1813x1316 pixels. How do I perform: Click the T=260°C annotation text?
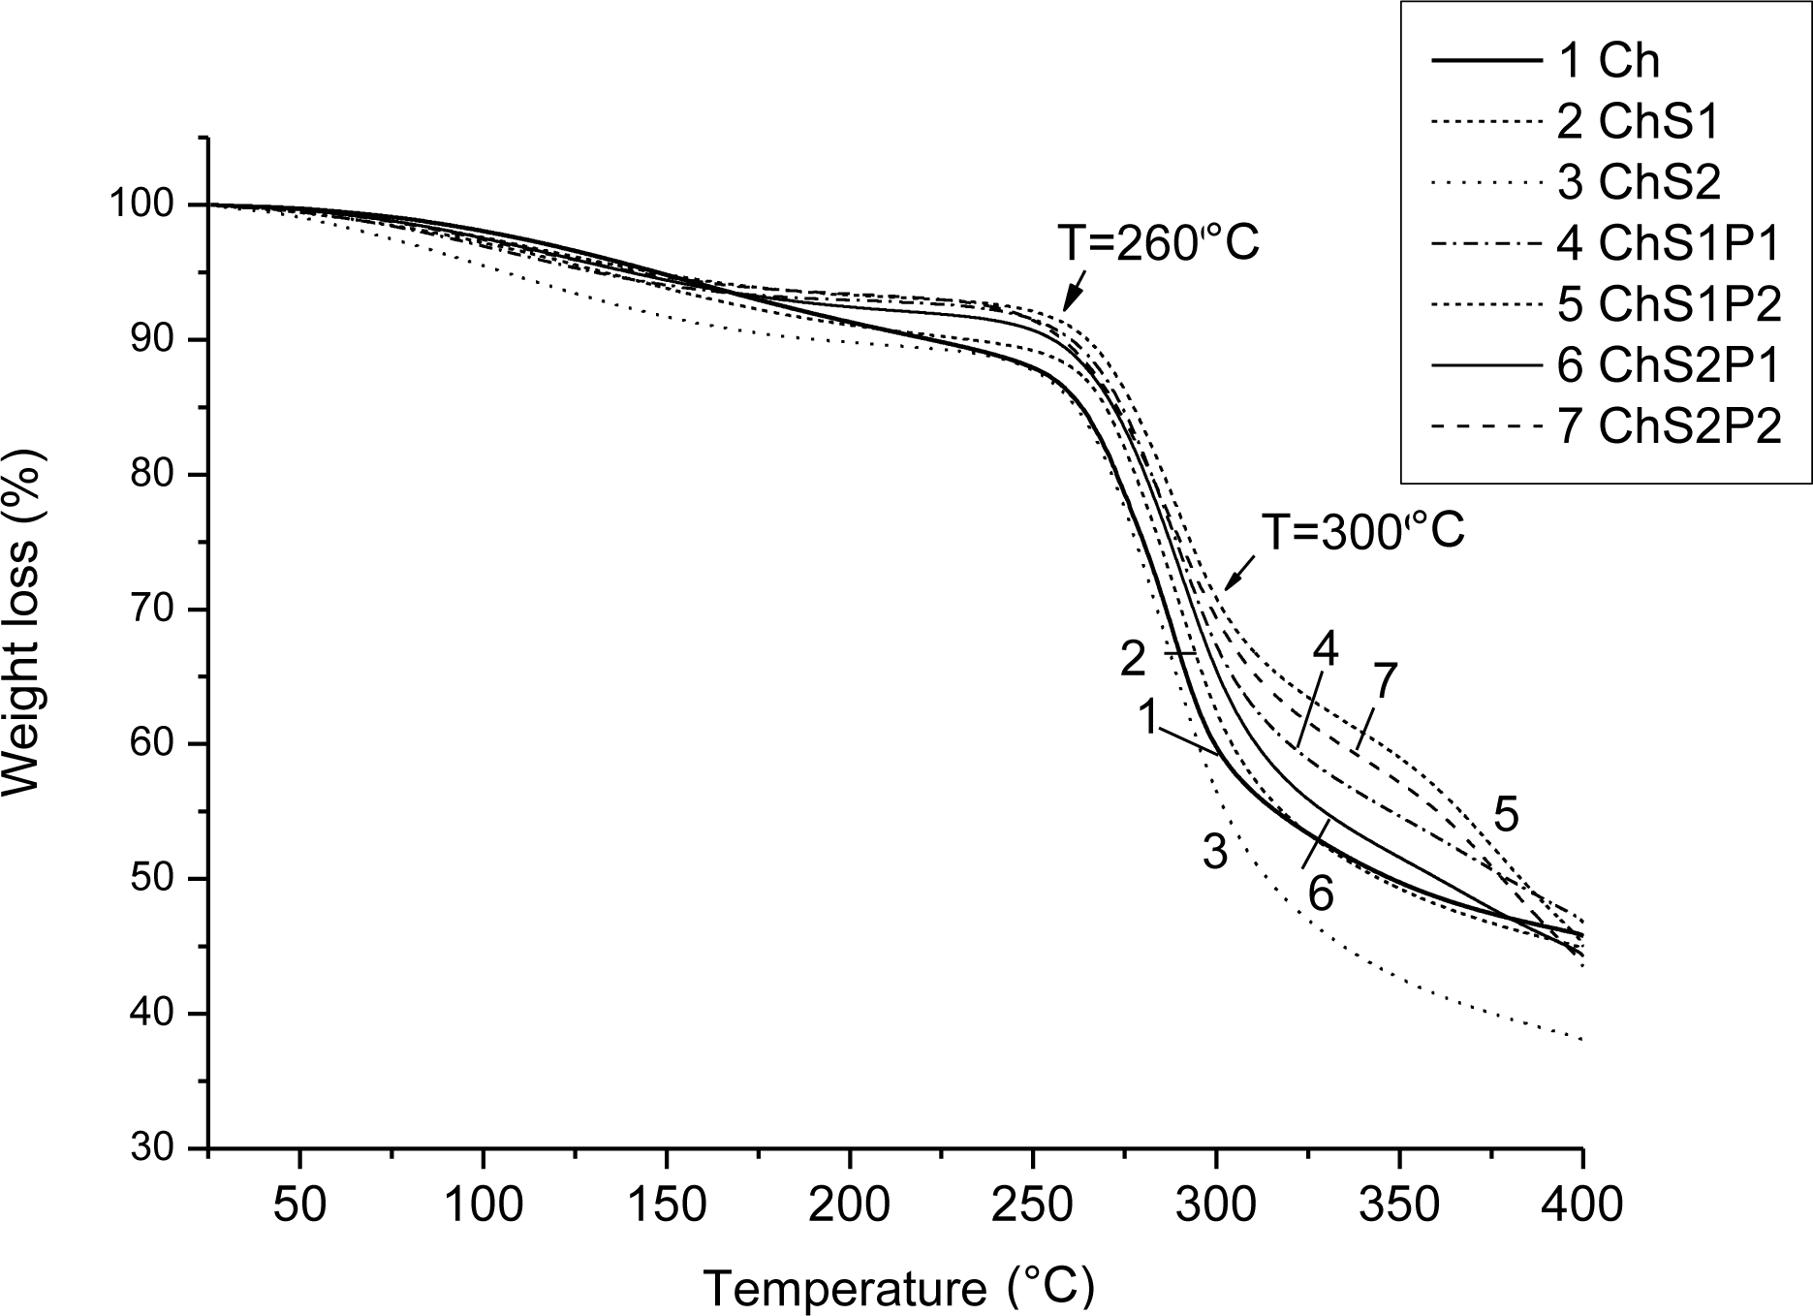(1158, 244)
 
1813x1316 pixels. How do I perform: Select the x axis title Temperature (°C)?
(898, 1287)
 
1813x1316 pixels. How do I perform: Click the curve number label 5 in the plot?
(1505, 815)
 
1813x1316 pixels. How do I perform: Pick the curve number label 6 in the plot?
(1321, 893)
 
